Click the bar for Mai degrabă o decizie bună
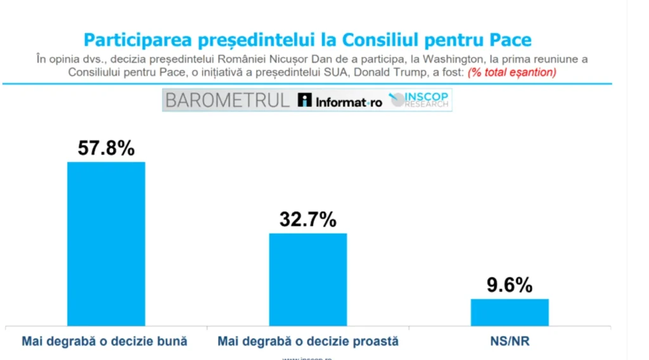(106, 243)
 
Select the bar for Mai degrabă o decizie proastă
(308, 280)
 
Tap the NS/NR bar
(510, 312)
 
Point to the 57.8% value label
(106, 148)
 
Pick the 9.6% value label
(510, 285)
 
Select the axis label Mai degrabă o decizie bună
(105, 341)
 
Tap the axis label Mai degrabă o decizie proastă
(308, 341)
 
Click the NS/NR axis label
(510, 341)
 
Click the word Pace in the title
(511, 41)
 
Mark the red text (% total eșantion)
(512, 72)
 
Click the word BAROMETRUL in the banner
(228, 101)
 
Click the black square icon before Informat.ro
(305, 101)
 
